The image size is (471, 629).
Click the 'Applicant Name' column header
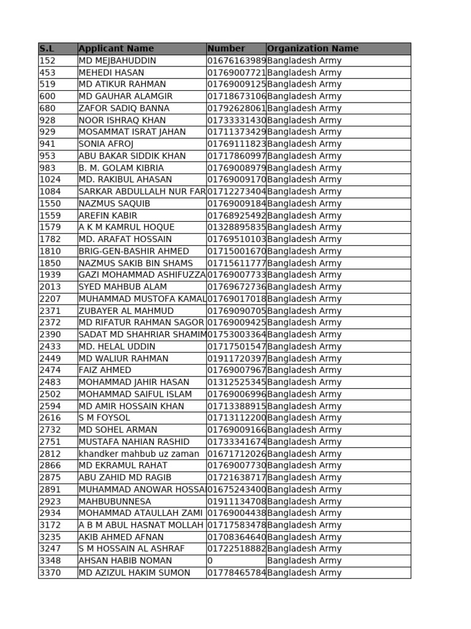pos(117,49)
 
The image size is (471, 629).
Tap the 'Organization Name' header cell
pos(313,49)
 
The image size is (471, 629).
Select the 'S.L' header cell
pos(47,49)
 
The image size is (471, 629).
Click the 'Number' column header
pos(226,49)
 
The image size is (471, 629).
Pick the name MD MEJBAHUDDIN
pos(118,61)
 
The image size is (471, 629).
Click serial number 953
pos(47,156)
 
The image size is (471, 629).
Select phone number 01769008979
pos(236,168)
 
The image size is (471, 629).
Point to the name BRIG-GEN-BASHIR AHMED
pos(134,251)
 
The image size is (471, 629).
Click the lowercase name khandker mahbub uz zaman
pos(139,454)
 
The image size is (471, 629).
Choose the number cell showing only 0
pos(210,561)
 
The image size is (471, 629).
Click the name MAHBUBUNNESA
pos(115,501)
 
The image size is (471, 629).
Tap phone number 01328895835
pos(236,227)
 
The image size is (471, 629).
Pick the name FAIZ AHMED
pos(105,370)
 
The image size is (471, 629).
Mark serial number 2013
pos(50,287)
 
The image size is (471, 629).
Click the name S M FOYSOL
pos(104,418)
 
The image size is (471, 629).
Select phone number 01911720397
pos(236,359)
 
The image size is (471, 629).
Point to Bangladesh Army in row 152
pos(304,61)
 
